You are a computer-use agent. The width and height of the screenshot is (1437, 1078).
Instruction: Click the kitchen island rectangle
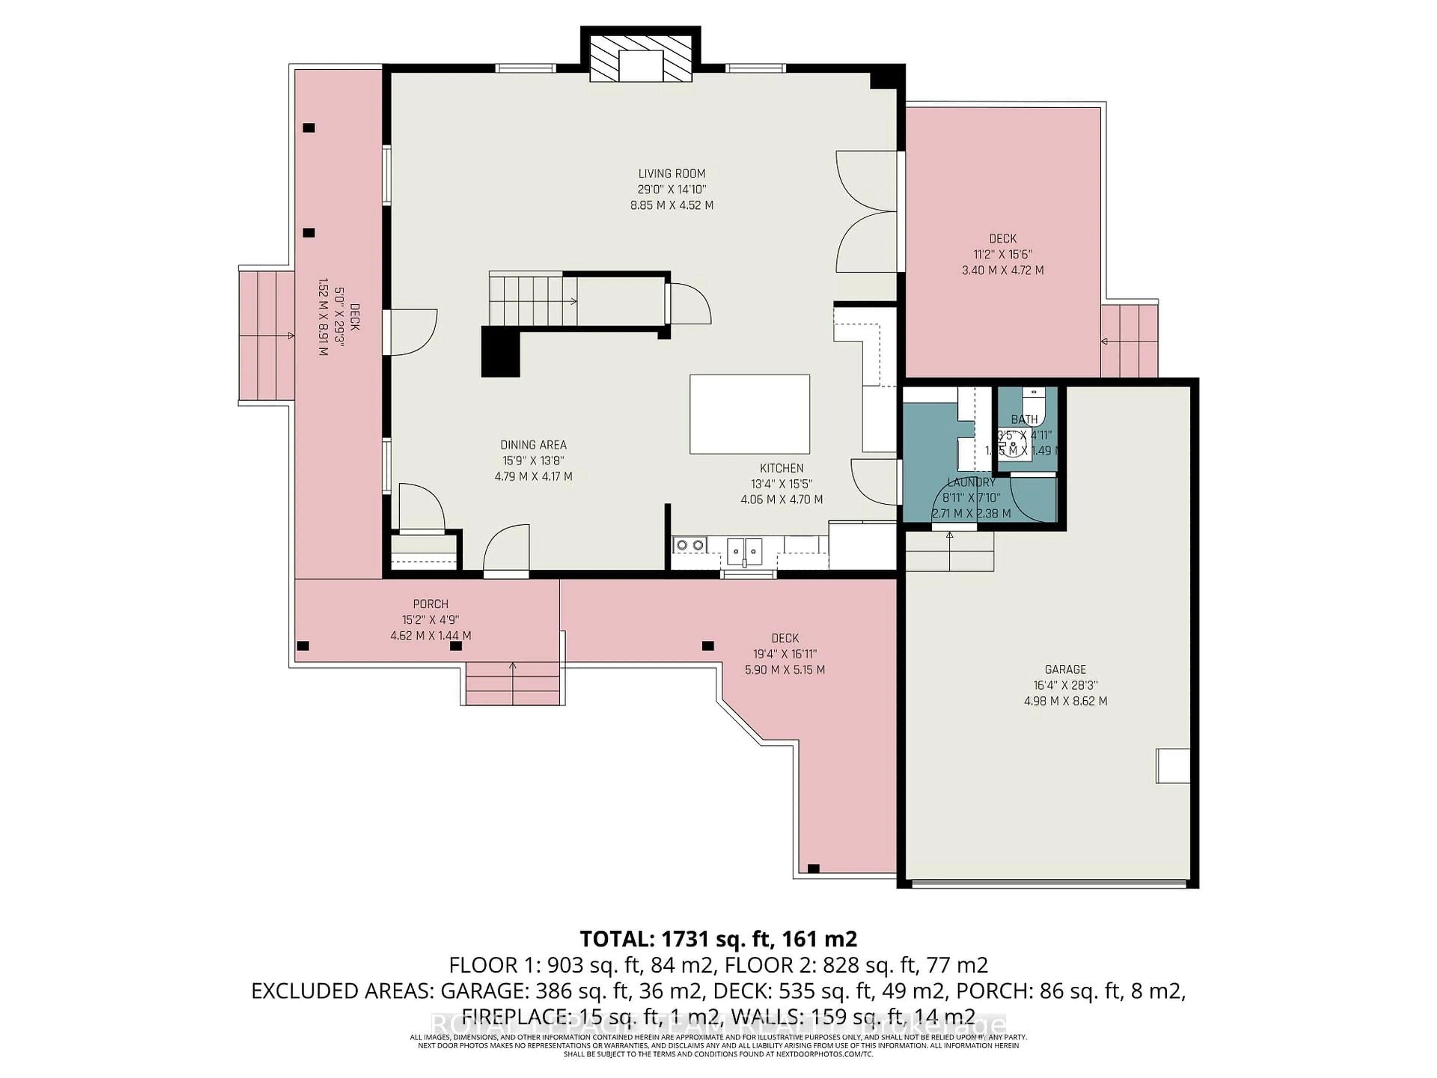point(749,414)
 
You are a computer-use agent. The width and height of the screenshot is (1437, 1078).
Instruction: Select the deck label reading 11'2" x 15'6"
point(1003,254)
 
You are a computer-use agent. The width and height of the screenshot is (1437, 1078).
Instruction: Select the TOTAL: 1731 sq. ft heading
point(718,939)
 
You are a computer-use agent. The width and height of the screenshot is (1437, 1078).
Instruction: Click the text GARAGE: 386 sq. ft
point(535,991)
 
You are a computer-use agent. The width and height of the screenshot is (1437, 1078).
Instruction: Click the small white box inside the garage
point(1172,765)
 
